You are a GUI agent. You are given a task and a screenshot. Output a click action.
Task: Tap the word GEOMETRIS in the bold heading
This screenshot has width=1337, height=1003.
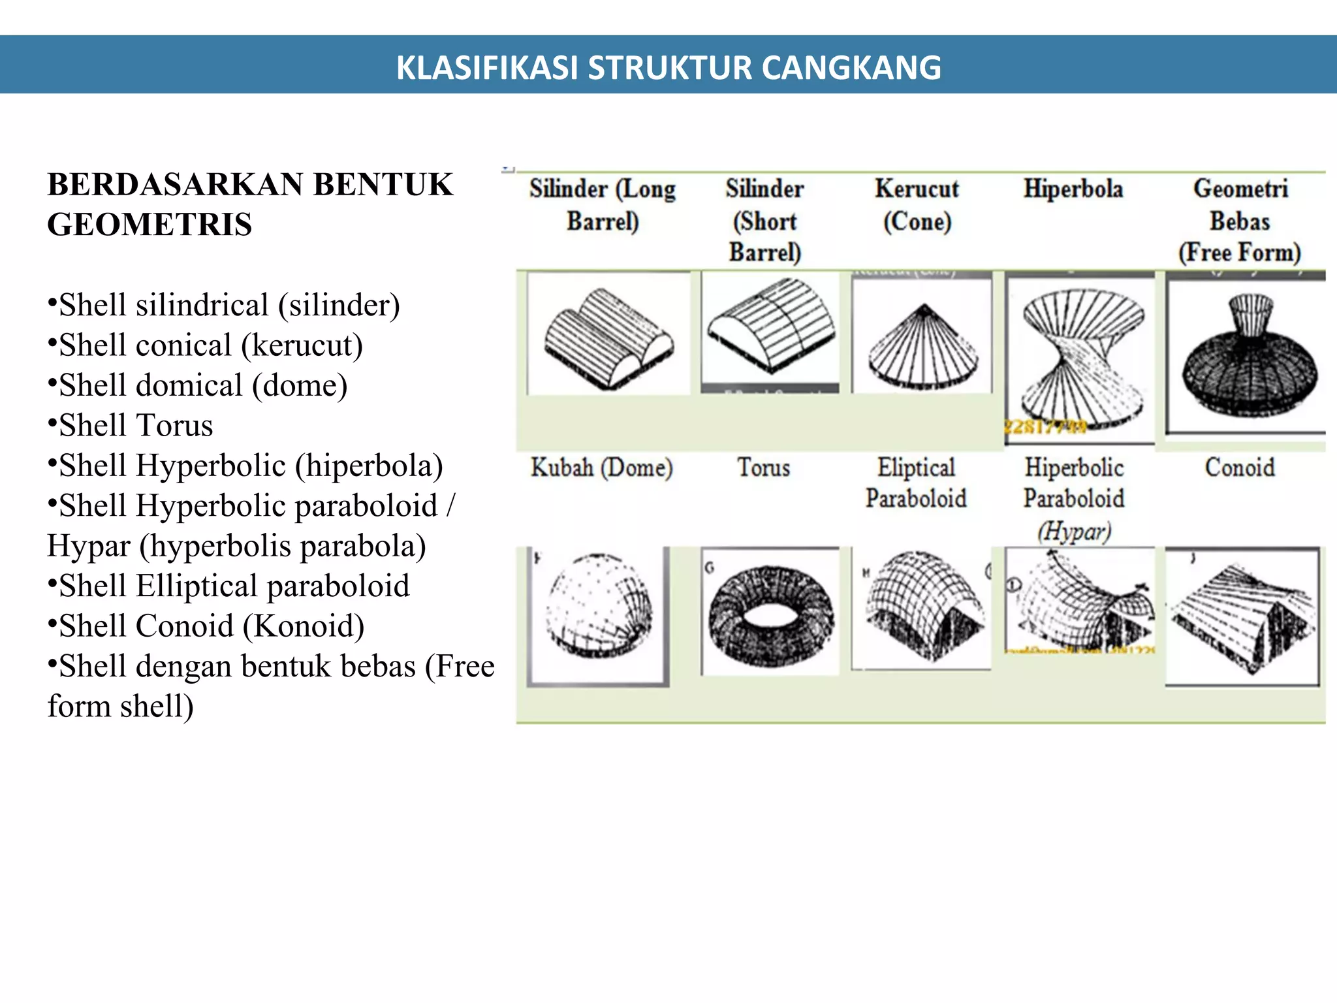pyautogui.click(x=149, y=224)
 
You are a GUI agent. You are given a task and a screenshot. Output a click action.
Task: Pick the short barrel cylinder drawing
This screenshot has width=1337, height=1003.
pyautogui.click(x=771, y=325)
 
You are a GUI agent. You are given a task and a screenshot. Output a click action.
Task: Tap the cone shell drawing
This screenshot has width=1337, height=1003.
pyautogui.click(x=922, y=347)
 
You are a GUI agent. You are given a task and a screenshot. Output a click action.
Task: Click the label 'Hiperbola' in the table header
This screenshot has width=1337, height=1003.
pyautogui.click(x=1073, y=189)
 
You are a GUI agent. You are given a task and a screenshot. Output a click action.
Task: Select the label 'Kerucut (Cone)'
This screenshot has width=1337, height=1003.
pyautogui.click(x=917, y=204)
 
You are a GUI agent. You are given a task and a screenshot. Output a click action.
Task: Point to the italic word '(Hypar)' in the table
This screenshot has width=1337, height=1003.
pyautogui.click(x=1074, y=531)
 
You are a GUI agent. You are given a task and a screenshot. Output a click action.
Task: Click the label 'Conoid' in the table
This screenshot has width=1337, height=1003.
pyautogui.click(x=1239, y=468)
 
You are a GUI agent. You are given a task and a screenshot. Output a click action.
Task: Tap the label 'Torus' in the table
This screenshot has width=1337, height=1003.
pyautogui.click(x=763, y=468)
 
